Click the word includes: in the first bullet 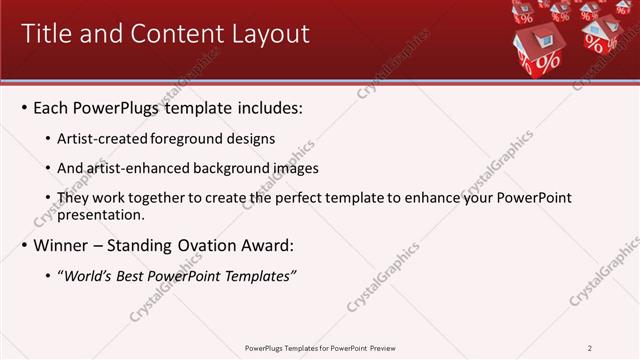pyautogui.click(x=268, y=107)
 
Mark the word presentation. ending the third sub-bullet pyautogui.click(x=103, y=214)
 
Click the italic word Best pyautogui.click(x=132, y=276)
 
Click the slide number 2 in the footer pyautogui.click(x=590, y=348)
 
